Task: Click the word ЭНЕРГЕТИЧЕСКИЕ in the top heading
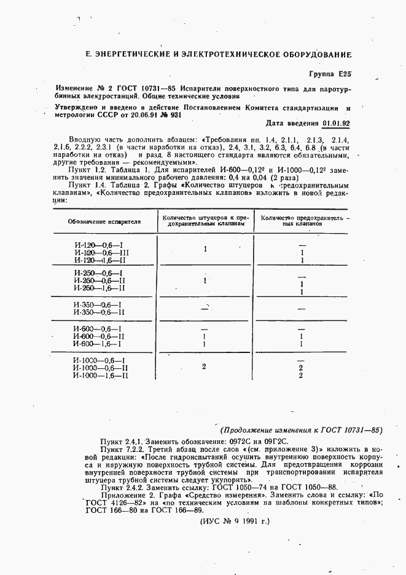coord(131,55)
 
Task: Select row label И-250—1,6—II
coord(100,288)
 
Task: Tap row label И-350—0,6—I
coord(98,304)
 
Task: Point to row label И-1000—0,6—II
coord(100,368)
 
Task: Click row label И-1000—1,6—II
coord(100,375)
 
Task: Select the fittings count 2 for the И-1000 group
coord(204,367)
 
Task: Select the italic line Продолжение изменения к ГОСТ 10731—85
coord(302,430)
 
